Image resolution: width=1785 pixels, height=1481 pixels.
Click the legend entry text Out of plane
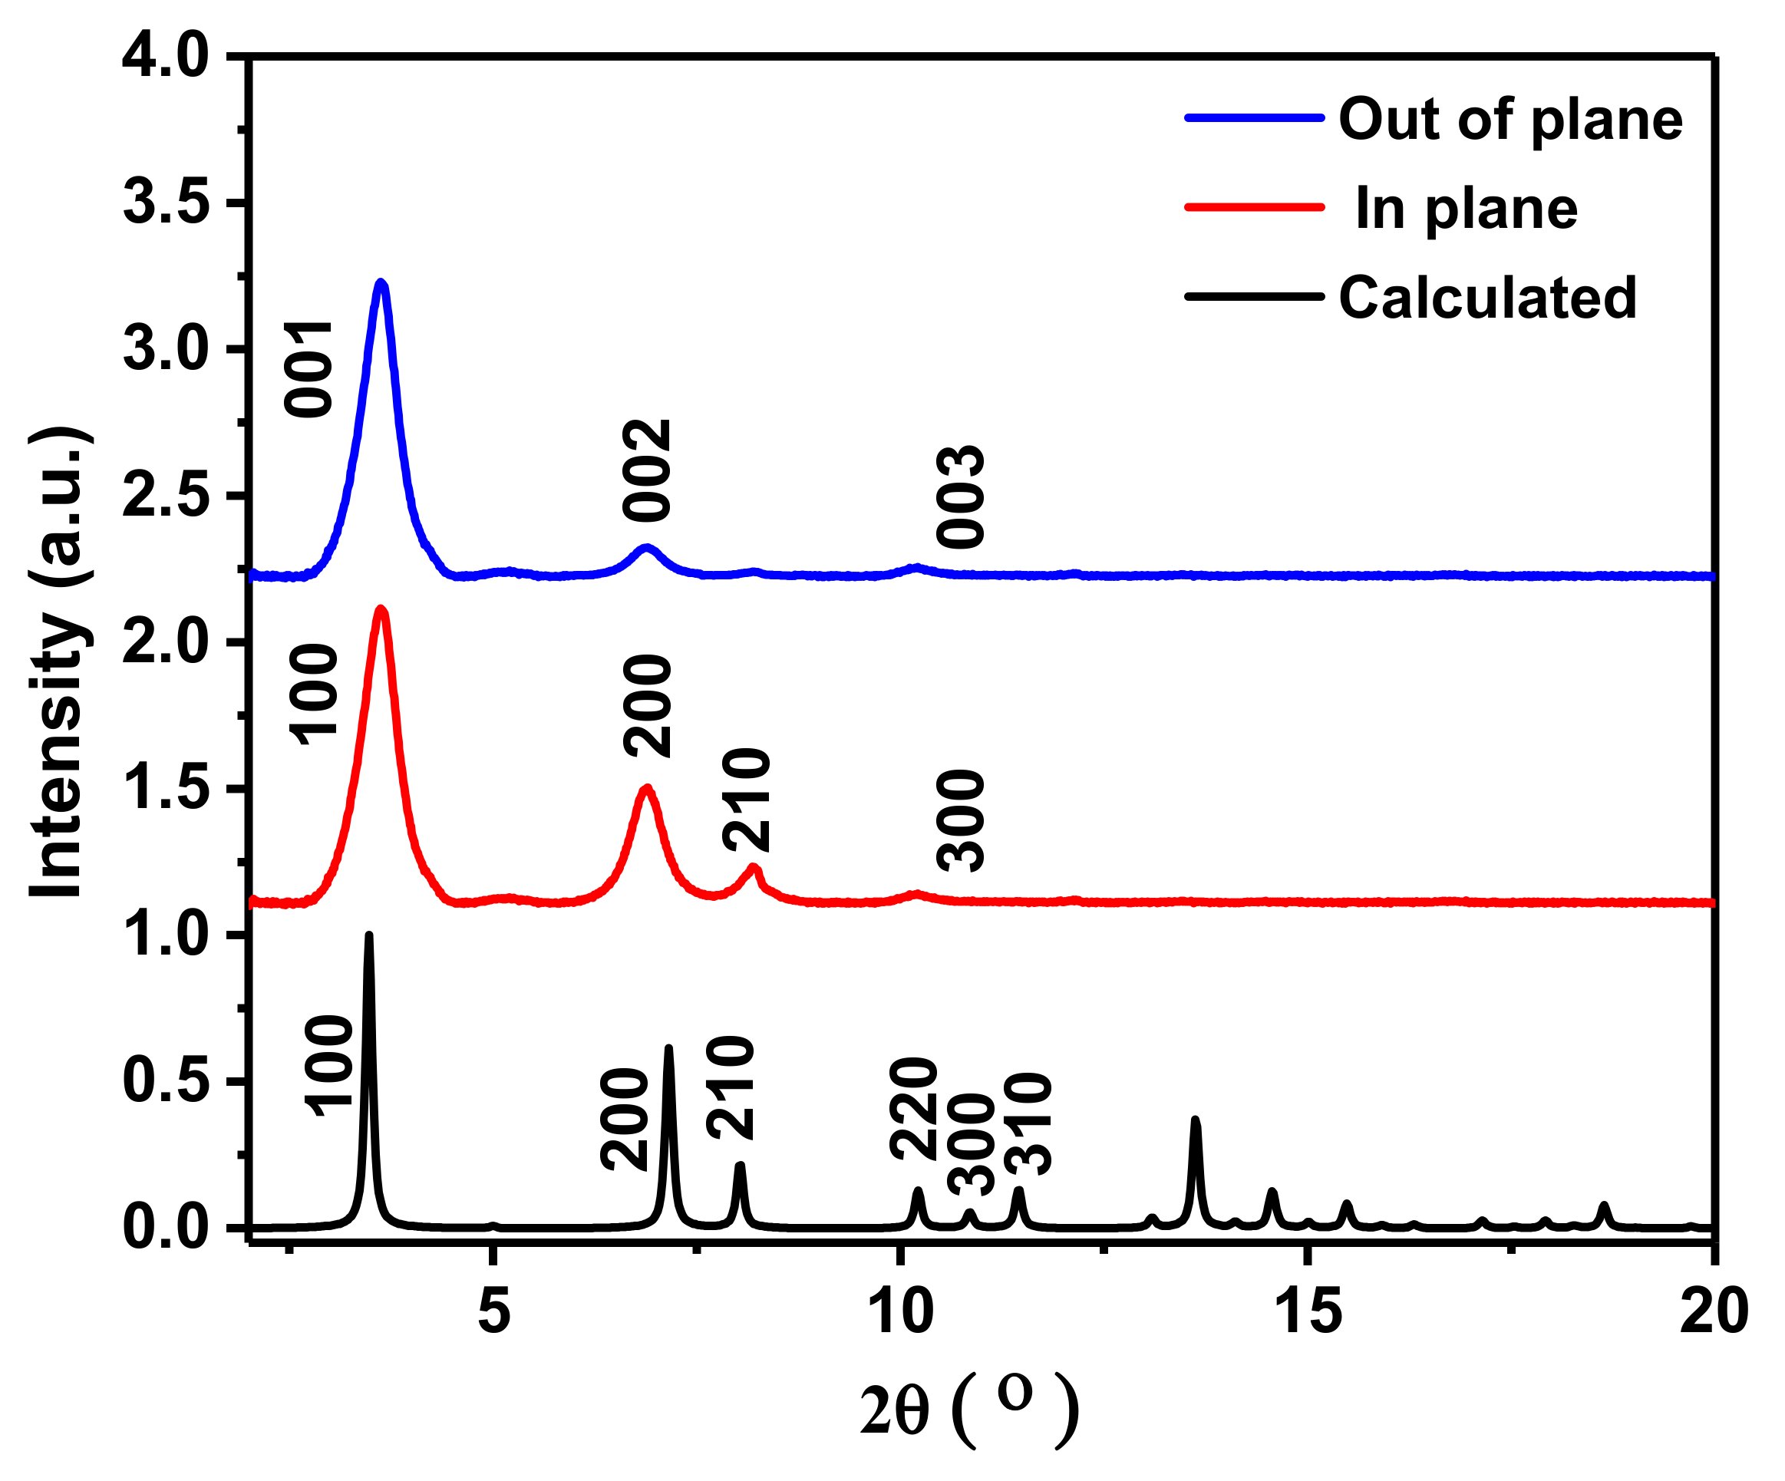(1510, 119)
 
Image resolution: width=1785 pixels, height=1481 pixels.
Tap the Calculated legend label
(1487, 298)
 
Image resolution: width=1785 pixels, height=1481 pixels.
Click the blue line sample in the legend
(1255, 118)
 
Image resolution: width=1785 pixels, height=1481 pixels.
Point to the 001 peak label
(308, 369)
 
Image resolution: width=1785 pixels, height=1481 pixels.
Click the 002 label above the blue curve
(648, 470)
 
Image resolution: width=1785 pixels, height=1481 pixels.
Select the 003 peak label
(961, 496)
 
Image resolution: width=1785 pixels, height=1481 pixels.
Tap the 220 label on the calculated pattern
(914, 1109)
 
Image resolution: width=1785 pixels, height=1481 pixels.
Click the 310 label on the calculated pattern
(1028, 1124)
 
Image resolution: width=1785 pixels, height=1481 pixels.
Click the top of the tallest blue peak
(381, 282)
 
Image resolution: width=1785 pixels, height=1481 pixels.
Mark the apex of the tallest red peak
(381, 609)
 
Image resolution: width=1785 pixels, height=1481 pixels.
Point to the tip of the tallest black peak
(369, 935)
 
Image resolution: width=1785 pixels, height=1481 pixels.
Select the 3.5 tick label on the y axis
(165, 203)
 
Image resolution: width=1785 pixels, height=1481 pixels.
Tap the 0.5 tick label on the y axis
(165, 1081)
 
